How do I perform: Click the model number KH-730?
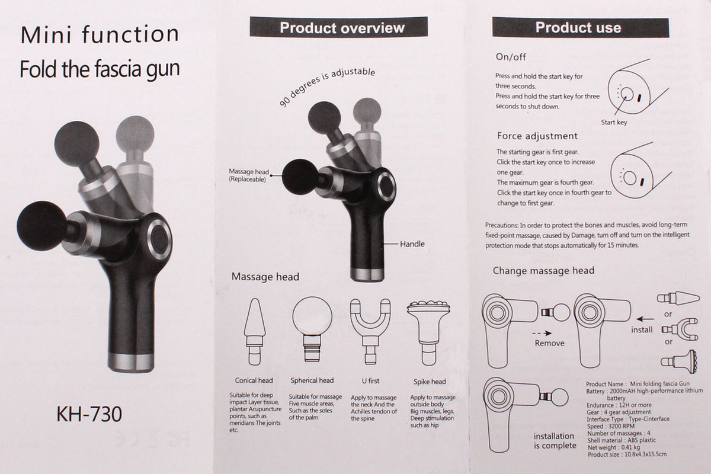[x=89, y=414]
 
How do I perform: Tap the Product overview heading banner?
[x=339, y=27]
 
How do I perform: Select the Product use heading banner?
[x=581, y=28]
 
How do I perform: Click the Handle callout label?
[x=412, y=244]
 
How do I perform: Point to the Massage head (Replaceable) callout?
[x=248, y=175]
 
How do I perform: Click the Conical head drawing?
[x=255, y=331]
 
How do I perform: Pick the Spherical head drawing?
[x=312, y=329]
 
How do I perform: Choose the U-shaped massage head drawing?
[x=370, y=331]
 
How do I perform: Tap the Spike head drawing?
[x=429, y=333]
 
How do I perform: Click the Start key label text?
[x=614, y=122]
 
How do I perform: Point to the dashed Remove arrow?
[x=542, y=334]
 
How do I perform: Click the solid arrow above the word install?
[x=645, y=319]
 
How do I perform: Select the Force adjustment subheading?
[x=537, y=136]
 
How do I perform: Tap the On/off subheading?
[x=511, y=57]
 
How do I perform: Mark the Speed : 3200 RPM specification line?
[x=610, y=426]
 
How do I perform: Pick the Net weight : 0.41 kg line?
[x=613, y=447]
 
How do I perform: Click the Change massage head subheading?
[x=543, y=271]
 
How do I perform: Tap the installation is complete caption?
[x=555, y=441]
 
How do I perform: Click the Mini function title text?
[x=100, y=34]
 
